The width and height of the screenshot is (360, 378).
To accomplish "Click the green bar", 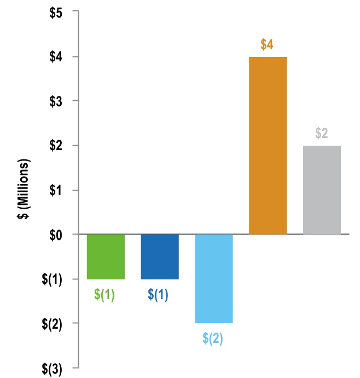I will point(106,256).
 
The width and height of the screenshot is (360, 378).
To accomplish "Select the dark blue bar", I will point(160,256).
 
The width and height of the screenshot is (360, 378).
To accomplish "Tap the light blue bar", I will point(214,278).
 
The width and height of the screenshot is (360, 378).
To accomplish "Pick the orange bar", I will point(268,145).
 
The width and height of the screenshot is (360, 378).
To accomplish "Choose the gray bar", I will point(322,190).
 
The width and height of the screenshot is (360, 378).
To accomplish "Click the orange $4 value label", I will point(267,45).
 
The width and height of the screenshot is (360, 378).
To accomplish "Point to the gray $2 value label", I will point(322,134).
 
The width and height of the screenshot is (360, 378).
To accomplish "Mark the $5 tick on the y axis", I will point(55,12).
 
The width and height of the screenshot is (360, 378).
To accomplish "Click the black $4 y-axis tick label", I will point(55,56).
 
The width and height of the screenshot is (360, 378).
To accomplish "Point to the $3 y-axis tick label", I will point(55,101).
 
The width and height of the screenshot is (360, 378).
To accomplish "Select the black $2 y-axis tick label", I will point(55,145).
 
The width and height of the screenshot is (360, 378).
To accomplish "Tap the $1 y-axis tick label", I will point(55,190).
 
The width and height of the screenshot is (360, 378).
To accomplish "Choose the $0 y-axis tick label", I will point(55,234).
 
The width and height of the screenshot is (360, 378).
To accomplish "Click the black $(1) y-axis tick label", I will point(52,279).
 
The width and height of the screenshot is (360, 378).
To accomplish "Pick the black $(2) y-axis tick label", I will point(52,323).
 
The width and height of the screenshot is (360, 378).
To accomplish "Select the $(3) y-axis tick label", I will point(52,368).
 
